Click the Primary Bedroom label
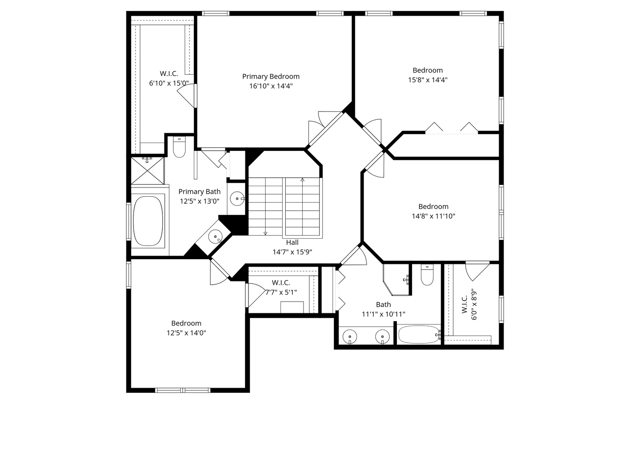tap(271, 76)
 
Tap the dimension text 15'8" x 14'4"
tap(427, 80)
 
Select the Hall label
tap(292, 243)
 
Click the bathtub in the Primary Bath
tap(148, 221)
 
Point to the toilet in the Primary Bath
tap(179, 148)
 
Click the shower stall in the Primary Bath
tap(148, 170)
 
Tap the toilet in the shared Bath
tap(427, 275)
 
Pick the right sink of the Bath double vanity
tap(382, 337)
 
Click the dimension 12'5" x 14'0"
tap(186, 333)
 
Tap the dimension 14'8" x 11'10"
tap(433, 216)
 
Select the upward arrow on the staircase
tap(302, 180)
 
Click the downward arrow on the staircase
tap(265, 233)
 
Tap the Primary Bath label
tap(199, 191)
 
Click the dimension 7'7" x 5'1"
tap(281, 292)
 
